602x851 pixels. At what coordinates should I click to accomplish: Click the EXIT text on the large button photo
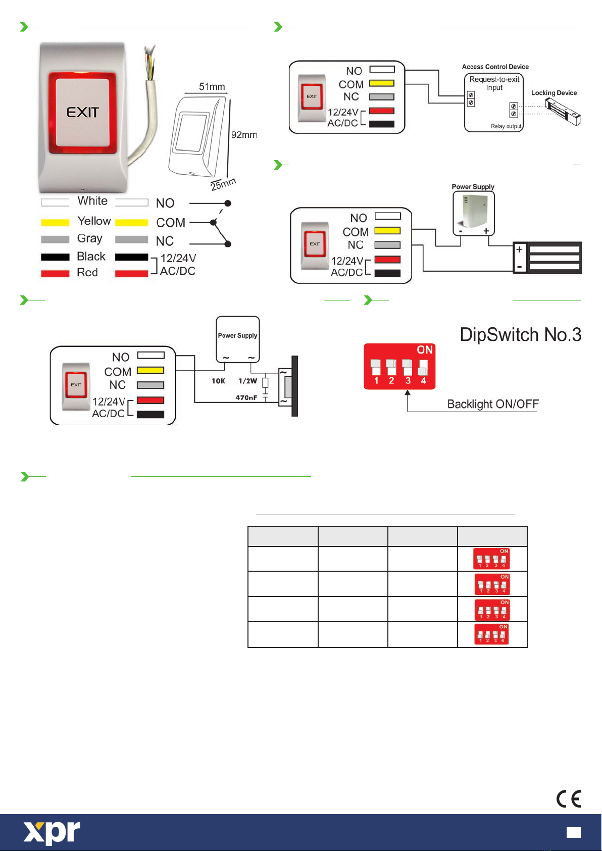82,112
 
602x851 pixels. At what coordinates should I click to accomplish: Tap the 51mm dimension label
212,87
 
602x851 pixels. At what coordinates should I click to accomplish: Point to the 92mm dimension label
244,135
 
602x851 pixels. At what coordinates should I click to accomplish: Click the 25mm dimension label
223,184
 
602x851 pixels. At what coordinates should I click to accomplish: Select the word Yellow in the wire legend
94,221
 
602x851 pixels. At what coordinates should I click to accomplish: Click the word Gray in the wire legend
89,238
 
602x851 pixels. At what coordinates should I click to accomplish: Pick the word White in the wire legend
92,201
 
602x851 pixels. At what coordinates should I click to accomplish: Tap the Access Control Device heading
495,67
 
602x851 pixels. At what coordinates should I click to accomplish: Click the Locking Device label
554,93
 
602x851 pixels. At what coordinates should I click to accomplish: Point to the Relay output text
506,126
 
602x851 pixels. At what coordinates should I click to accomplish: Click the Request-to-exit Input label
494,83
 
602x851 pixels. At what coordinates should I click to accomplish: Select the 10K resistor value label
218,381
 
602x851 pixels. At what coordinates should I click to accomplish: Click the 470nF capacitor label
246,398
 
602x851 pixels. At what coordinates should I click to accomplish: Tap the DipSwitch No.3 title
520,335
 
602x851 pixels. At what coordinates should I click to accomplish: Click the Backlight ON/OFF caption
492,404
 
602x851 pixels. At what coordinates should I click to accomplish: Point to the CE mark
569,799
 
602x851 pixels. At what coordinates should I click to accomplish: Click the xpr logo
52,832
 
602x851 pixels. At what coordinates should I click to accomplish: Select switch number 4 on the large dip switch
423,367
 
